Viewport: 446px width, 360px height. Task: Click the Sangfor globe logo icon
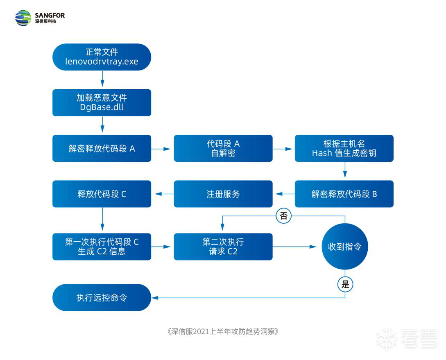click(x=23, y=18)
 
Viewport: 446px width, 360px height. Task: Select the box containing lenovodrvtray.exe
click(x=102, y=57)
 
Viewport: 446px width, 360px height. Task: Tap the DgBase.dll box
click(x=102, y=102)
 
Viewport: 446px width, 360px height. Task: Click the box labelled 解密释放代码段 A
click(x=102, y=148)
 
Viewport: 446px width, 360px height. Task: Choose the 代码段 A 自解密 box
click(x=223, y=148)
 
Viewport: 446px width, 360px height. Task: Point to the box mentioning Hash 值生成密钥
click(x=344, y=148)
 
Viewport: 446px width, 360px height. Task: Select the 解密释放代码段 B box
click(x=344, y=194)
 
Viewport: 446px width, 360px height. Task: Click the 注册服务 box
click(x=223, y=194)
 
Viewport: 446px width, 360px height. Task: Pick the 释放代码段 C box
click(x=102, y=194)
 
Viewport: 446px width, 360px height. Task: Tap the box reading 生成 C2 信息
click(x=102, y=247)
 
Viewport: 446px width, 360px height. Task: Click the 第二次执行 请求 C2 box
click(x=223, y=247)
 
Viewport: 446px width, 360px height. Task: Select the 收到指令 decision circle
click(x=345, y=247)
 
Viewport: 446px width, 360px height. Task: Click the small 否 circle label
click(x=283, y=215)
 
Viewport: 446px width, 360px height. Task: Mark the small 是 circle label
click(x=345, y=284)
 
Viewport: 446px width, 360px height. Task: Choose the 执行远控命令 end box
click(x=102, y=297)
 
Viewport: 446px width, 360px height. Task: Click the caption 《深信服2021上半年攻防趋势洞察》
click(x=223, y=331)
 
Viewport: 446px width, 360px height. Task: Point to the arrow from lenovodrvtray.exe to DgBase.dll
click(x=102, y=80)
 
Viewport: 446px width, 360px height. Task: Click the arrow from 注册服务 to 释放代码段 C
click(x=163, y=194)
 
